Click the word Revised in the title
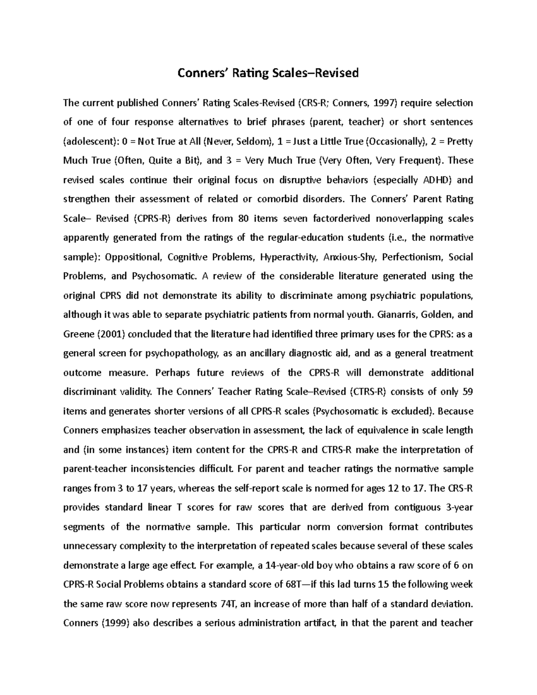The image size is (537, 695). coord(337,73)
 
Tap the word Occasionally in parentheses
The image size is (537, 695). coord(395,142)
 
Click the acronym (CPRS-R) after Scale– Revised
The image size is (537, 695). coord(152,219)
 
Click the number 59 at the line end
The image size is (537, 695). coord(467,392)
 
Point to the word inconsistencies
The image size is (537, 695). coord(163,469)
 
